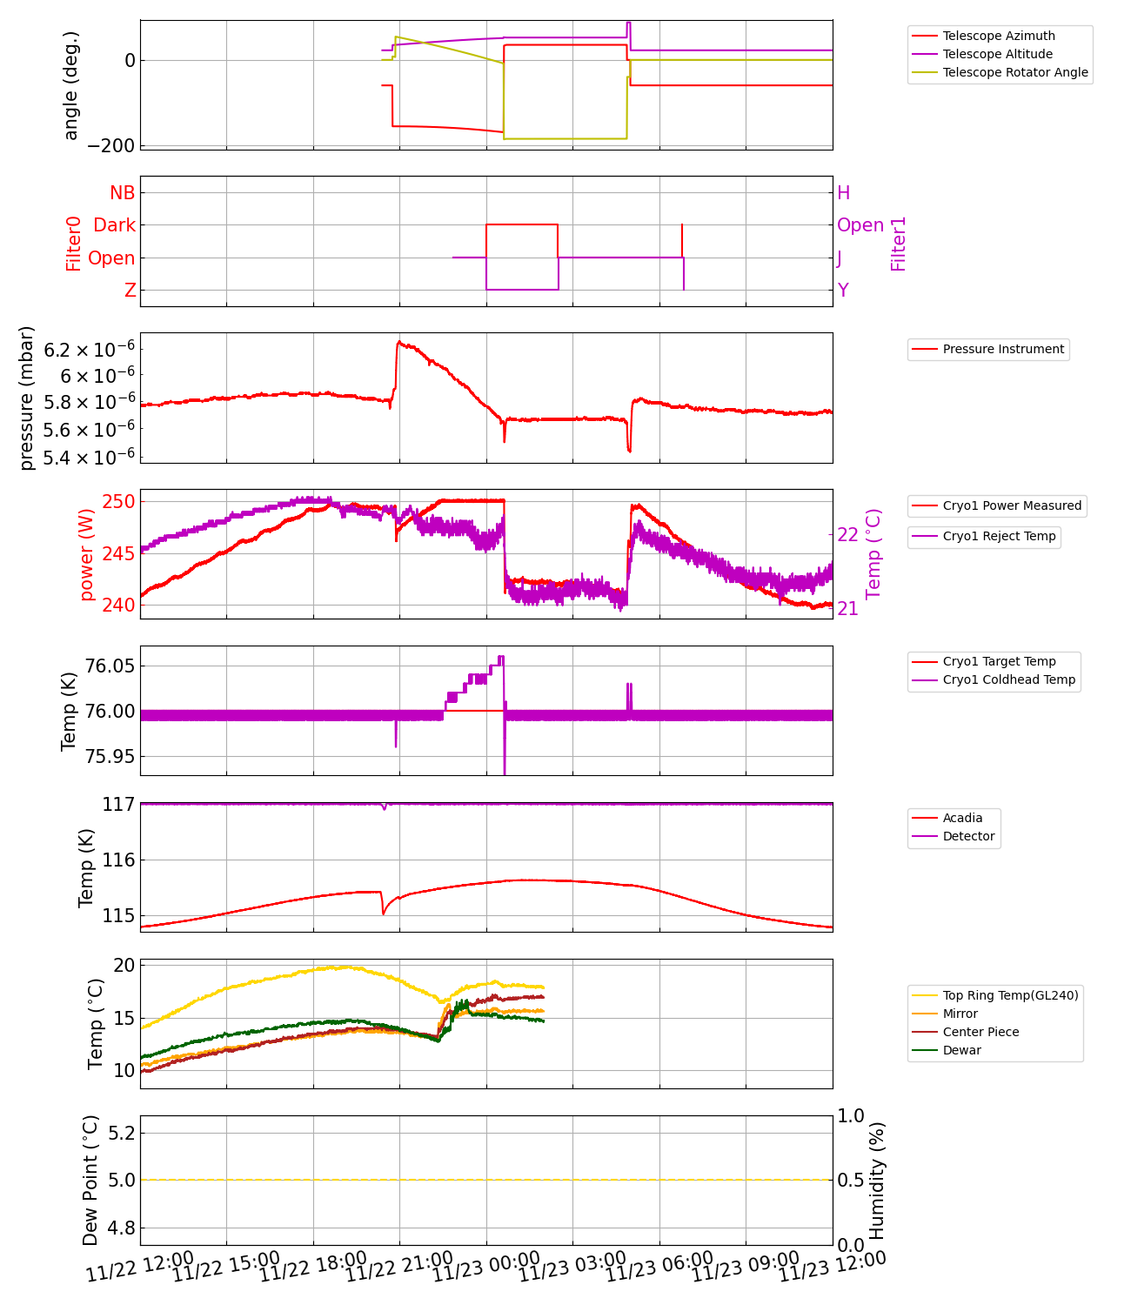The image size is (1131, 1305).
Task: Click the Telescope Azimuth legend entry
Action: (998, 36)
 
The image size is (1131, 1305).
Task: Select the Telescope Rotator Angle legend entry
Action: (1014, 72)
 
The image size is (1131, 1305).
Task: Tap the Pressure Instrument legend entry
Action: (1002, 349)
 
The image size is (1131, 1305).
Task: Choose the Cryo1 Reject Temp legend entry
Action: (999, 536)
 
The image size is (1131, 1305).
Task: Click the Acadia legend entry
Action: (962, 818)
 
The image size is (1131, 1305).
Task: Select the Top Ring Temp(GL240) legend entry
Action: (1010, 995)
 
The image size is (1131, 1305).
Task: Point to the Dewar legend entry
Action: (961, 1050)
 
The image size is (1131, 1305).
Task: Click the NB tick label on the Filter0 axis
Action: (123, 192)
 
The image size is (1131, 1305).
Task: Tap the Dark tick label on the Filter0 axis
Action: (115, 225)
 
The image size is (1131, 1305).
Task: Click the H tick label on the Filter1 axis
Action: (843, 192)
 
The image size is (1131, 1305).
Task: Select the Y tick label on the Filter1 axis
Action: (843, 290)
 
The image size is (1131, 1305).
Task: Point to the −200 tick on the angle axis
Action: (110, 145)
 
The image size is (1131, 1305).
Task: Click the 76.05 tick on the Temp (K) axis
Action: (110, 666)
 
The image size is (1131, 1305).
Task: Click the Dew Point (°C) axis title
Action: (91, 1180)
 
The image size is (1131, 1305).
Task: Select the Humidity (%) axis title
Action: (877, 1180)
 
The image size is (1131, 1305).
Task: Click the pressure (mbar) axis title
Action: (26, 398)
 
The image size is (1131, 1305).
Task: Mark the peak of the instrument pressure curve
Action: (399, 342)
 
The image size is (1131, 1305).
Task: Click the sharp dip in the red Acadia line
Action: (384, 913)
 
